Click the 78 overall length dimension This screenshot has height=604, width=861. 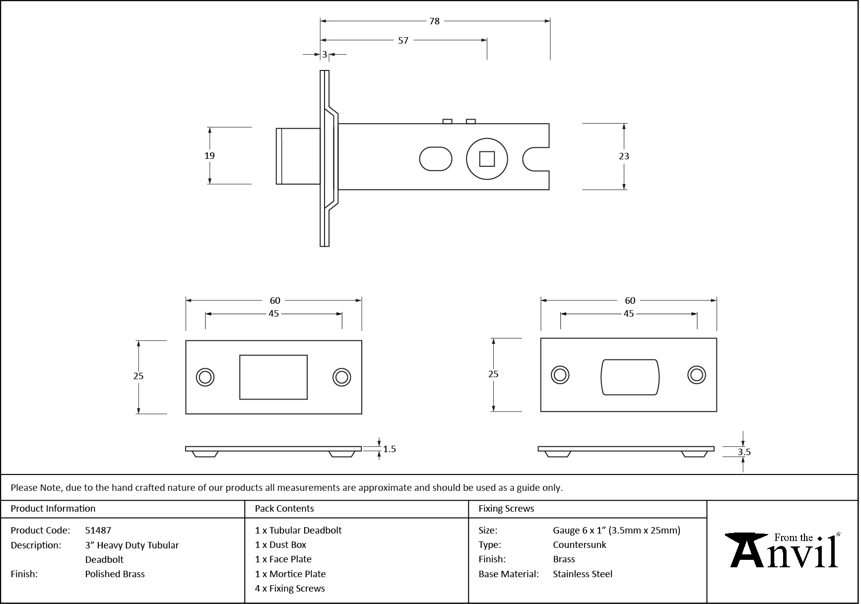pyautogui.click(x=434, y=21)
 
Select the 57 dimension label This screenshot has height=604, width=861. pyautogui.click(x=403, y=40)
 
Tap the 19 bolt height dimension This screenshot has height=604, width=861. pyautogui.click(x=209, y=155)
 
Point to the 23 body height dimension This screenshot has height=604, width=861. pyautogui.click(x=624, y=156)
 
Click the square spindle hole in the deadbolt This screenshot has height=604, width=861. pyautogui.click(x=487, y=159)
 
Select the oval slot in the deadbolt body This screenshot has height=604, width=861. pyautogui.click(x=436, y=159)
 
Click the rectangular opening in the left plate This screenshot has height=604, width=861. pyautogui.click(x=273, y=377)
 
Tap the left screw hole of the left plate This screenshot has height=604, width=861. pyautogui.click(x=205, y=377)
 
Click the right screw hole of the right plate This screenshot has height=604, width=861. pyautogui.click(x=697, y=375)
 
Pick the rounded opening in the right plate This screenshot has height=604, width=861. pyautogui.click(x=630, y=377)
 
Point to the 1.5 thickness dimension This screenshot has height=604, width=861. pyautogui.click(x=390, y=449)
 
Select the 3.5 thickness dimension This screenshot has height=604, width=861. pyautogui.click(x=744, y=452)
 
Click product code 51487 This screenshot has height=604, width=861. pyautogui.click(x=98, y=530)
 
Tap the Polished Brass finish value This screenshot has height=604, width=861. pyautogui.click(x=115, y=574)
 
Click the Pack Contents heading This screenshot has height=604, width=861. pyautogui.click(x=284, y=508)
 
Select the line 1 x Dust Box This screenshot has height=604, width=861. pyautogui.click(x=281, y=544)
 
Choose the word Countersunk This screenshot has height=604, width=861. pyautogui.click(x=580, y=544)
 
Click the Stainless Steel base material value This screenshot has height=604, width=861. pyautogui.click(x=583, y=574)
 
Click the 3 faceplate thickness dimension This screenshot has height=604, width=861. pyautogui.click(x=325, y=55)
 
